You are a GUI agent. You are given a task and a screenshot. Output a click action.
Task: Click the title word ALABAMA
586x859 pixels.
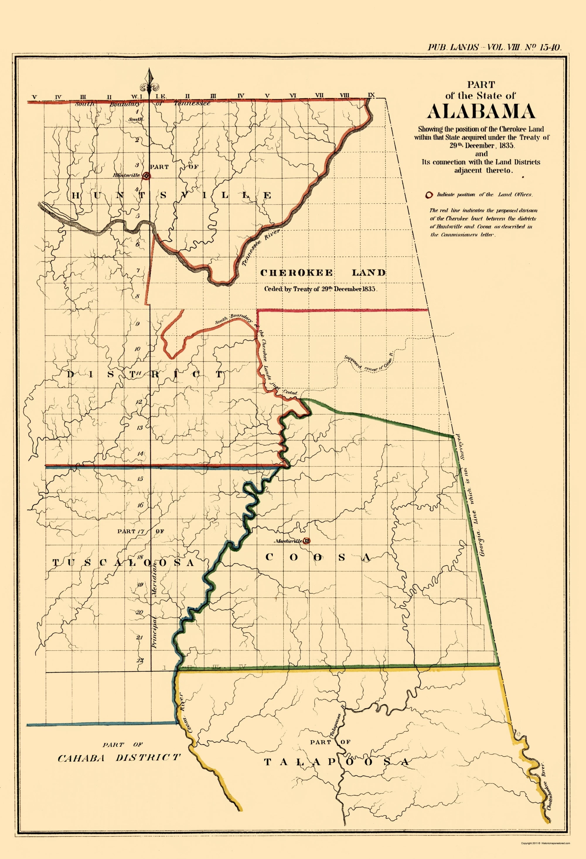pos(481,111)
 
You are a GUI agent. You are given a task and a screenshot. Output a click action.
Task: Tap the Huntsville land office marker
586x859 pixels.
pos(147,176)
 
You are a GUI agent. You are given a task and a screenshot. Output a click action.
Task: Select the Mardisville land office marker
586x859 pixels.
pos(306,541)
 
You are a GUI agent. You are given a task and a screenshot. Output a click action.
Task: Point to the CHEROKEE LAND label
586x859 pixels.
pos(323,273)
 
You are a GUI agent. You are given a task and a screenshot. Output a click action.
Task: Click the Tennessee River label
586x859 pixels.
pos(261,247)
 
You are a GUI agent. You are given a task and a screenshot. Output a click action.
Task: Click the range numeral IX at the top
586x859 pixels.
pos(371,95)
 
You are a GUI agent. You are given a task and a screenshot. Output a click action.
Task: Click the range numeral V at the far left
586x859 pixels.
pos(34,97)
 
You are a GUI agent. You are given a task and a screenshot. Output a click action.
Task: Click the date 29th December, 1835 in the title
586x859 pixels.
pos(481,145)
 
